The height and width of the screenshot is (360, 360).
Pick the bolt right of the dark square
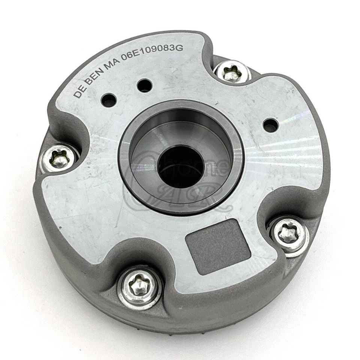pos(288,234)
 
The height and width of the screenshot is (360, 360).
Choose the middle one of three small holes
pos(144,85)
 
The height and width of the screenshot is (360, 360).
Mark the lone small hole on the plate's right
pos(271,125)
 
